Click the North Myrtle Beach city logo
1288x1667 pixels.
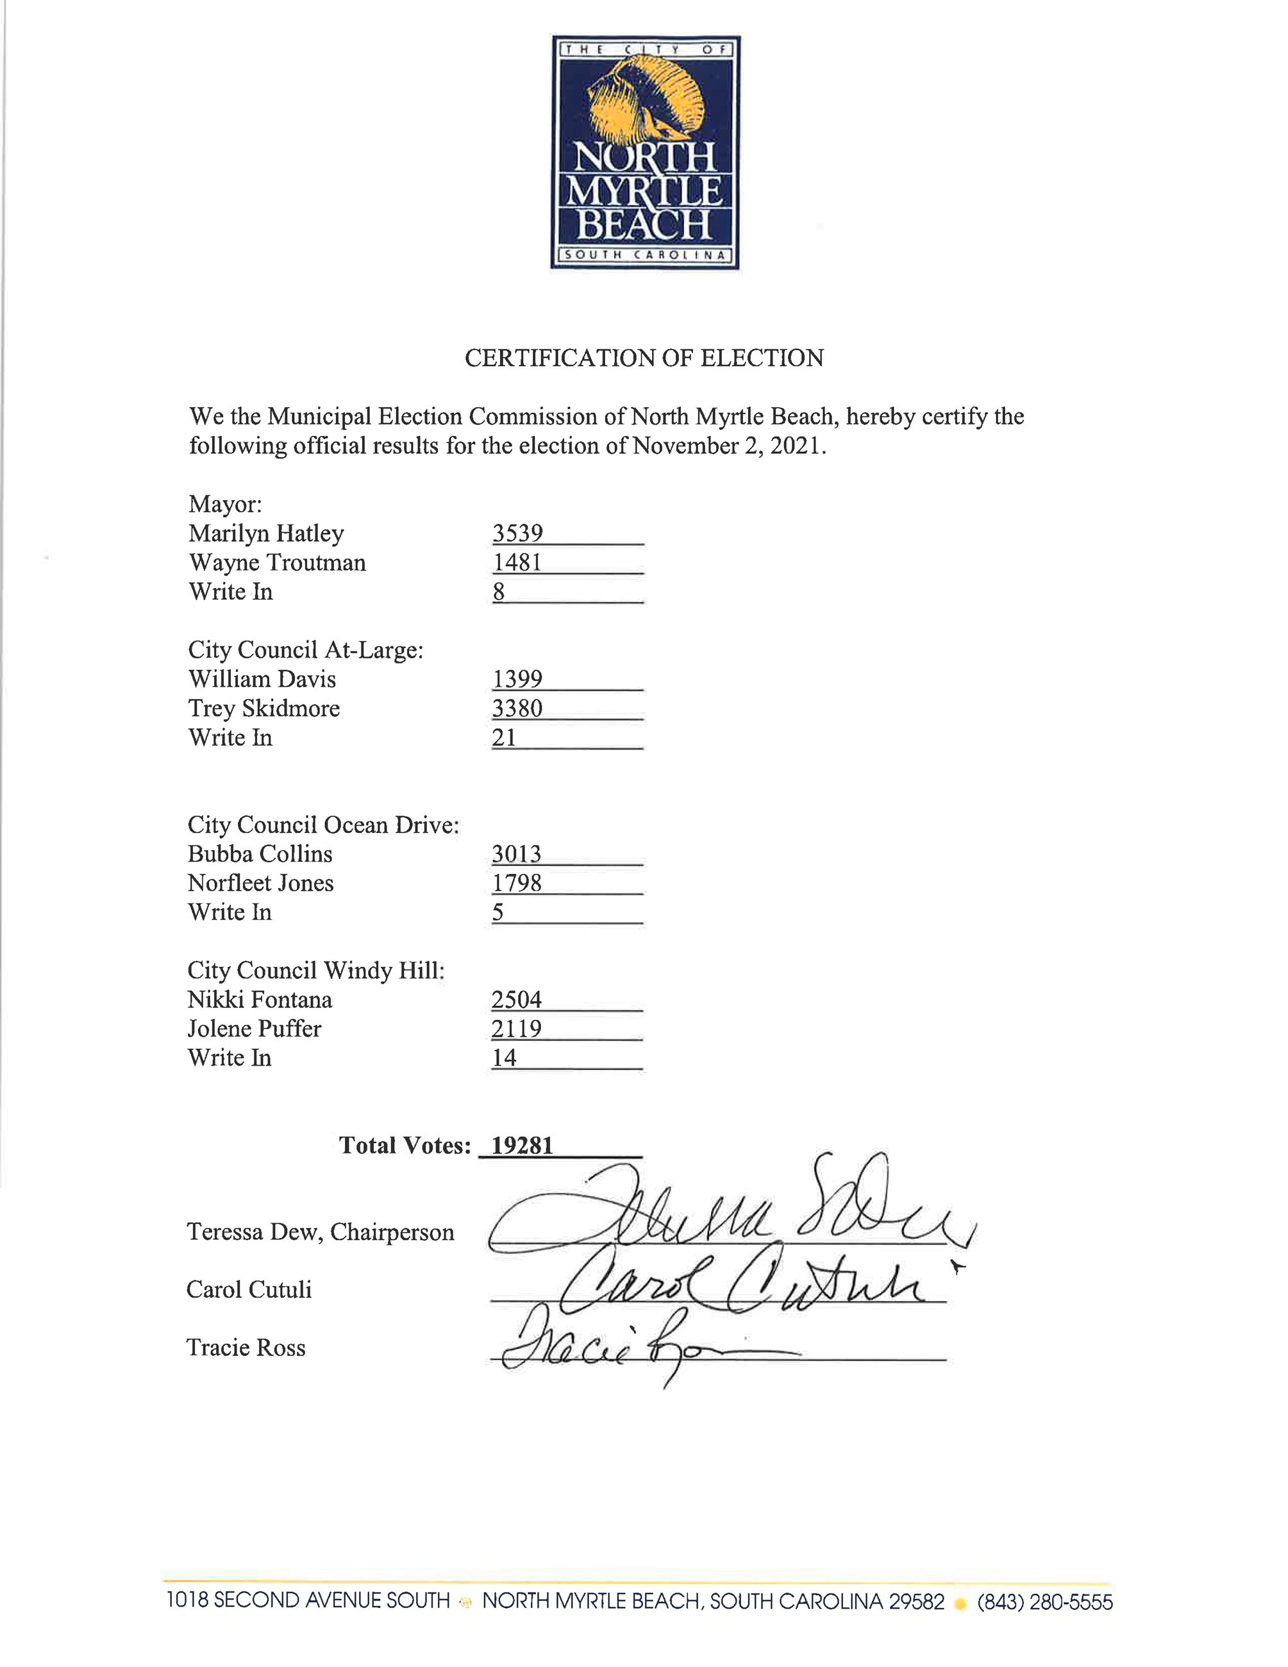645,152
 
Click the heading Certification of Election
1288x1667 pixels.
644,358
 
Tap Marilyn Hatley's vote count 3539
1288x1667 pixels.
517,533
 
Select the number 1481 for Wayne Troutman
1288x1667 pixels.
517,562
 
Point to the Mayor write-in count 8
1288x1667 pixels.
498,592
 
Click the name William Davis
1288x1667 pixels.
262,680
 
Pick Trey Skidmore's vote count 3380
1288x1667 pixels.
517,708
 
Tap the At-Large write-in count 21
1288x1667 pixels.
505,737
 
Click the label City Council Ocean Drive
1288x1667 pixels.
324,825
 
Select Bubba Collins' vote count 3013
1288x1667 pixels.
517,854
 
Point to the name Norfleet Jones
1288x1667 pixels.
260,883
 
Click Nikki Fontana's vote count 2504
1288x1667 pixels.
517,1000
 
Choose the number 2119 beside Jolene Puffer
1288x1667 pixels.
517,1029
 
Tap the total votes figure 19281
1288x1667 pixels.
522,1146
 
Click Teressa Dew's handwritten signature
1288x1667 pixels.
725,1214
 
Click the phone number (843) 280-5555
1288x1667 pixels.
1044,1602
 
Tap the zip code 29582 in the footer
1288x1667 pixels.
916,1602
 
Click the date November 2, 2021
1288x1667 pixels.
728,446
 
